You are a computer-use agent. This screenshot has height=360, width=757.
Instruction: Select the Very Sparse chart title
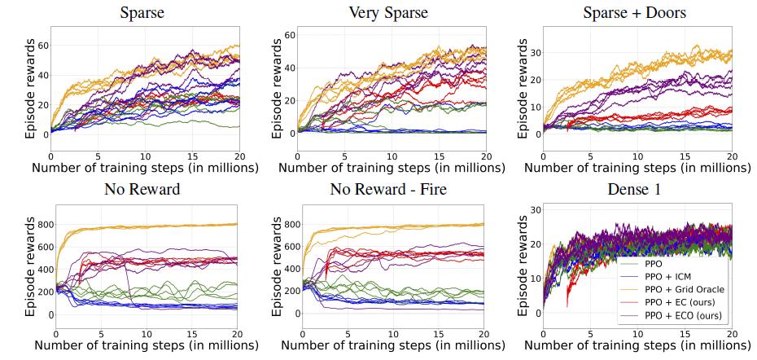click(x=388, y=12)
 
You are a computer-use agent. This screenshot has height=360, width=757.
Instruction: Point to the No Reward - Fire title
click(x=388, y=192)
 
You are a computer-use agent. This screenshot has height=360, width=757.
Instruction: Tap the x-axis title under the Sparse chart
click(x=145, y=168)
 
